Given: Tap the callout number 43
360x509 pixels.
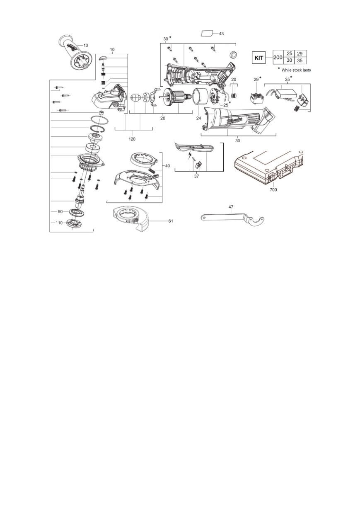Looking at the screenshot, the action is pyautogui.click(x=221, y=34).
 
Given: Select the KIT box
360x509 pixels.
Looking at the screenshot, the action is pyautogui.click(x=259, y=58).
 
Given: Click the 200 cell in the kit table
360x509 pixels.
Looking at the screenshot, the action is pyautogui.click(x=278, y=57).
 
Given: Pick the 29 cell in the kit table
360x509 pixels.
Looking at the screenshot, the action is pyautogui.click(x=300, y=53).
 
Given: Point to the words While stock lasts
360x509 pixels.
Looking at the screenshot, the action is pyautogui.click(x=296, y=70).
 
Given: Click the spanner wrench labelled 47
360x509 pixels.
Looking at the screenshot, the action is pyautogui.click(x=232, y=218).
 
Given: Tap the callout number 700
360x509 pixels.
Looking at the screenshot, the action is pyautogui.click(x=273, y=189).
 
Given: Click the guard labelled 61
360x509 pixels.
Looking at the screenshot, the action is pyautogui.click(x=130, y=218).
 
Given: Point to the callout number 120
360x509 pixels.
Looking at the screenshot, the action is pyautogui.click(x=132, y=139).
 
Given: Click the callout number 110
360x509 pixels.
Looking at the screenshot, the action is pyautogui.click(x=59, y=223).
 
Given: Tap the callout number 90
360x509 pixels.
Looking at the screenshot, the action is pyautogui.click(x=60, y=211).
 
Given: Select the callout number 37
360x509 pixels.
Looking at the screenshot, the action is pyautogui.click(x=196, y=176).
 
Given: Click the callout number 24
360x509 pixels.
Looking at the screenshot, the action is pyautogui.click(x=199, y=118).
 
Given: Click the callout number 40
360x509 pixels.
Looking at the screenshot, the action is pyautogui.click(x=167, y=166).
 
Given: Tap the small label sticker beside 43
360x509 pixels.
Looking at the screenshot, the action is pyautogui.click(x=207, y=33).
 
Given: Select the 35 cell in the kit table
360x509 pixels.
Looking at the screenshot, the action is pyautogui.click(x=300, y=61).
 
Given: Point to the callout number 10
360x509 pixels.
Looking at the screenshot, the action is pyautogui.click(x=112, y=50).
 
